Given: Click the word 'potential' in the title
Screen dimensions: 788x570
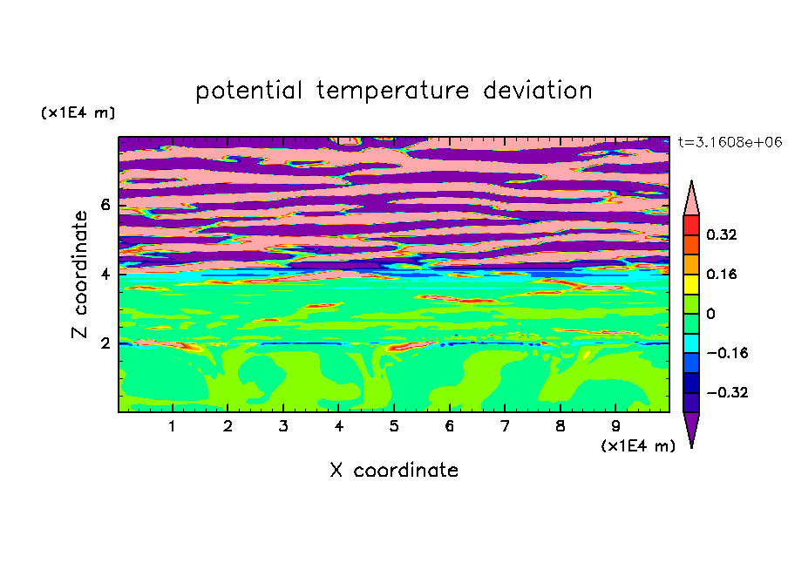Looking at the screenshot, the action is tap(248, 91).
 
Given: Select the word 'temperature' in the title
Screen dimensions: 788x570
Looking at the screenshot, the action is tap(392, 91).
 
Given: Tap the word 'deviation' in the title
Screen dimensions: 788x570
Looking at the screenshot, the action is tap(537, 91).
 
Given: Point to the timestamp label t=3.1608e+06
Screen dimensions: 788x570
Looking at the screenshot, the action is tap(730, 142).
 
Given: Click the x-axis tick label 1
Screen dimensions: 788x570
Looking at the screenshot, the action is tap(173, 426).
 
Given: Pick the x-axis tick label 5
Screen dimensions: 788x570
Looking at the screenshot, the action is tap(394, 426).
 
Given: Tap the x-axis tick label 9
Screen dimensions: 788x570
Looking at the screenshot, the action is tap(615, 426).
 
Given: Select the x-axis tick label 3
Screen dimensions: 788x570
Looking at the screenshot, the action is tap(283, 426).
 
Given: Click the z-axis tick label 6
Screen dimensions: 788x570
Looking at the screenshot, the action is tap(105, 205).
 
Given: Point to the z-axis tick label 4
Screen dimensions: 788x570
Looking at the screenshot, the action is tap(105, 275).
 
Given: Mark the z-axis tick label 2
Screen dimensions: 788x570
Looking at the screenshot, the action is tap(105, 343).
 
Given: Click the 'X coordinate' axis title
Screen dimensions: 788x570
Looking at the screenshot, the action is tap(394, 470).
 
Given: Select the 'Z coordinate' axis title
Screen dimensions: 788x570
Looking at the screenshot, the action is tap(80, 274).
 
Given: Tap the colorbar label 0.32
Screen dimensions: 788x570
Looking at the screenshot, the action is tap(722, 234).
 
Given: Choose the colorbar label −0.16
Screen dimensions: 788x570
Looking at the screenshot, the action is tap(727, 353).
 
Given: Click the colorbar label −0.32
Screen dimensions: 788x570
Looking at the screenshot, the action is tap(727, 392).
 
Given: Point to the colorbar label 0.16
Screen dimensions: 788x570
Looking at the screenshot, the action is tap(722, 274).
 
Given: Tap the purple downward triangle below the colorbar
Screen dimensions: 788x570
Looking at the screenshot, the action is tap(691, 427).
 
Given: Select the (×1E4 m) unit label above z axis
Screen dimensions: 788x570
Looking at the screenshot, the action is tap(78, 112).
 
